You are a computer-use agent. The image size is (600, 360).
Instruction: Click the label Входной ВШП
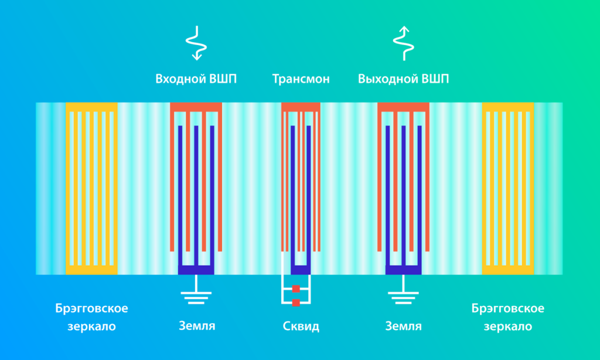(196, 79)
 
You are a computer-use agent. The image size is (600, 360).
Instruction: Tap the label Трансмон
(301, 79)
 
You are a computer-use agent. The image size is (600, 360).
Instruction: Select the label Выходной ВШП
(403, 79)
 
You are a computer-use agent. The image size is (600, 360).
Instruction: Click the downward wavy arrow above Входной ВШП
(197, 43)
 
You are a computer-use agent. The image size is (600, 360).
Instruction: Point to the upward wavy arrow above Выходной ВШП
(404, 43)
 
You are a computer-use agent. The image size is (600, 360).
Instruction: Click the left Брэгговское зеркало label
(91, 317)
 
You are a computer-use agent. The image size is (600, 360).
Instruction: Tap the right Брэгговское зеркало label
(508, 317)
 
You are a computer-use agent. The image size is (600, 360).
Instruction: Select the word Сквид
(301, 327)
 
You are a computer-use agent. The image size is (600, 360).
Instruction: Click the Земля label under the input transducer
(197, 326)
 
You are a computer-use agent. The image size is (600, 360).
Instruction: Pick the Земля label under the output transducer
(403, 326)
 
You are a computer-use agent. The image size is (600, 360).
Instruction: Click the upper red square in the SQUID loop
(296, 289)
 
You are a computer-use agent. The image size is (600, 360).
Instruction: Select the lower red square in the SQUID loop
(296, 303)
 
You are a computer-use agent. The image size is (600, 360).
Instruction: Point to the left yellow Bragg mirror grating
(91, 188)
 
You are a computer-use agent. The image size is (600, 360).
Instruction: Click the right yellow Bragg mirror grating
(508, 188)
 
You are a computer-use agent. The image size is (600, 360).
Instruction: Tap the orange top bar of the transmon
(301, 107)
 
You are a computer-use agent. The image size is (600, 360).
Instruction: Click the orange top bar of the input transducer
(196, 107)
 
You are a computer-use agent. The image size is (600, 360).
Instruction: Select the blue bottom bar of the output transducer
(403, 270)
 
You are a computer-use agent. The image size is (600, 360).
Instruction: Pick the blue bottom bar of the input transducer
(196, 270)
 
